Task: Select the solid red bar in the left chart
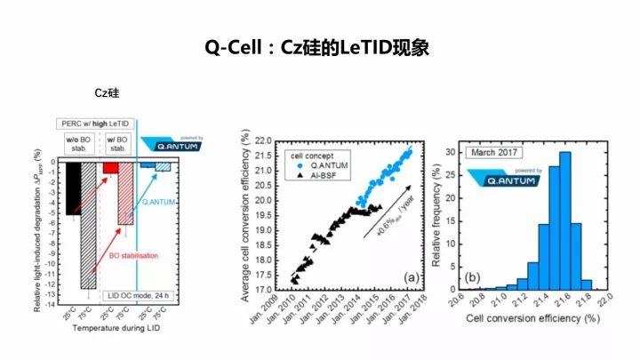(x=110, y=168)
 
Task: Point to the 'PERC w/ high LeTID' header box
(x=95, y=124)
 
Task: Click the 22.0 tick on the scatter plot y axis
(x=262, y=140)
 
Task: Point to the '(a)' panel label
(x=411, y=278)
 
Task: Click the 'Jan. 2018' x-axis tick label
(x=414, y=309)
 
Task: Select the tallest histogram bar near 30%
(x=564, y=220)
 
